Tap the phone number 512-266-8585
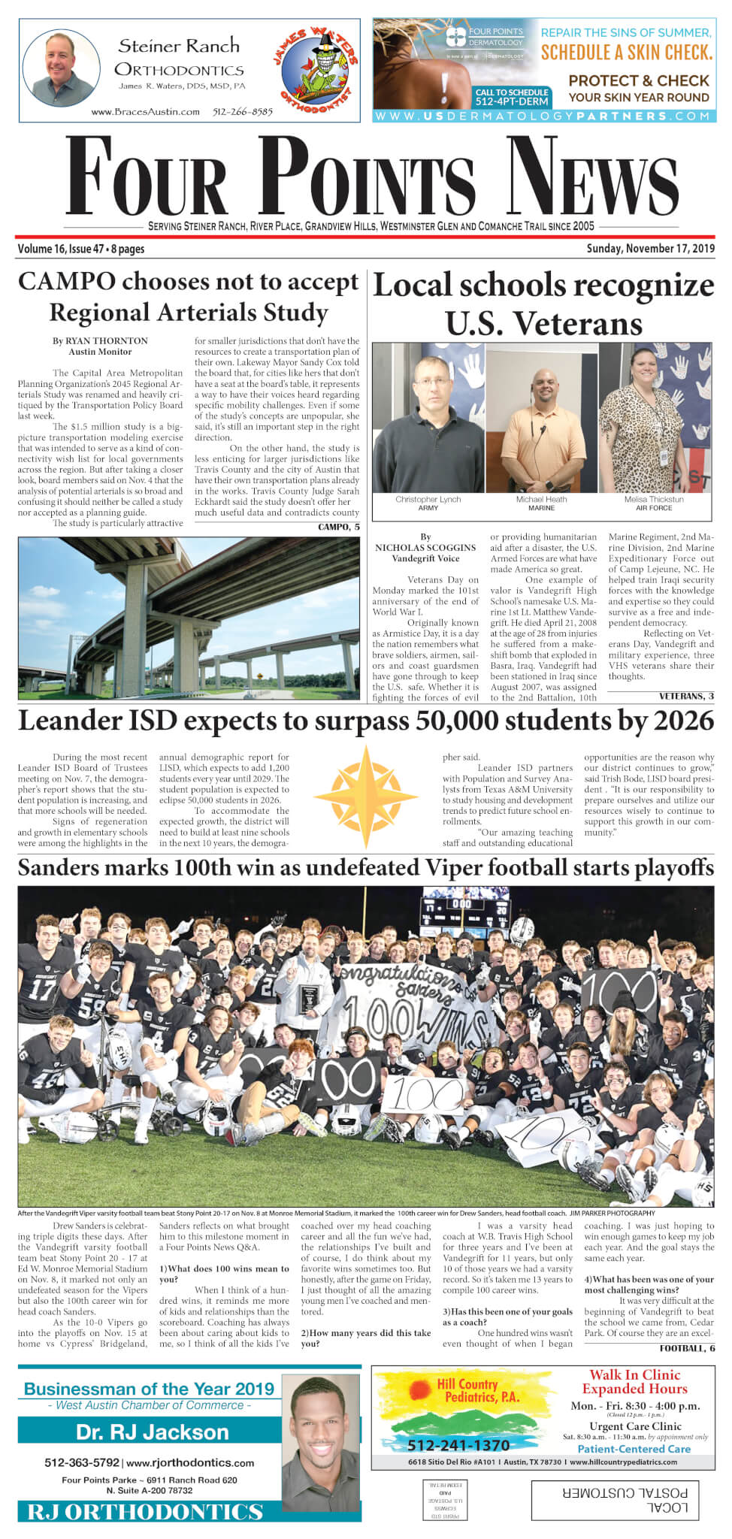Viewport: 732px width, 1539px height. [x=242, y=112]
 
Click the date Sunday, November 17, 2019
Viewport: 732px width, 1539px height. [x=651, y=249]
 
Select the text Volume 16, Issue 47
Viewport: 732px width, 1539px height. [x=61, y=249]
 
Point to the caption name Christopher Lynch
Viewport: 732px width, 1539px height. [x=428, y=499]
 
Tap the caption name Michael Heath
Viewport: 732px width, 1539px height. [x=541, y=499]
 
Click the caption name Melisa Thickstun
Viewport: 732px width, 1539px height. [x=654, y=499]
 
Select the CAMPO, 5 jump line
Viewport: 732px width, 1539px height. [x=338, y=527]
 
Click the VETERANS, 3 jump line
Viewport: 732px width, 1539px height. [x=686, y=697]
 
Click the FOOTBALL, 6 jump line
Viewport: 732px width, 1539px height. [x=687, y=1348]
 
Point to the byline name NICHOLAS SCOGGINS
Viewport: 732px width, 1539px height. [x=425, y=548]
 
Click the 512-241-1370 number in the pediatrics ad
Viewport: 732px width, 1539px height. [x=458, y=1444]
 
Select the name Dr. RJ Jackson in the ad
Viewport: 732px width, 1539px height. [x=153, y=1432]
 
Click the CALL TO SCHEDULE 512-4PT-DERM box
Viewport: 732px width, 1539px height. [x=512, y=97]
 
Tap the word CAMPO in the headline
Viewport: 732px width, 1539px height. [x=66, y=282]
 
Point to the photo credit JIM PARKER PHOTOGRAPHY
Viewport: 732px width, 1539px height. [x=612, y=1214]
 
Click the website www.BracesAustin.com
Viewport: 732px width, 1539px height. [x=145, y=112]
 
